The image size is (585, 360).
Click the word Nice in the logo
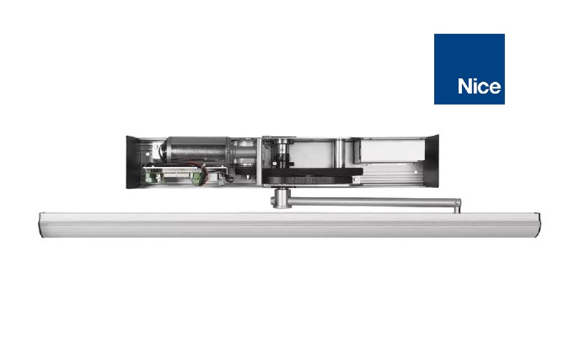[479, 87]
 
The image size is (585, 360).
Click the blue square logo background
[470, 69]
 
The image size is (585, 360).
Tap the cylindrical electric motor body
[198, 149]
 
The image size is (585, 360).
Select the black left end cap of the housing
[132, 162]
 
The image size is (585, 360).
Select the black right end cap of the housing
[432, 160]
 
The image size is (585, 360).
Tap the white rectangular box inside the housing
[393, 151]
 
